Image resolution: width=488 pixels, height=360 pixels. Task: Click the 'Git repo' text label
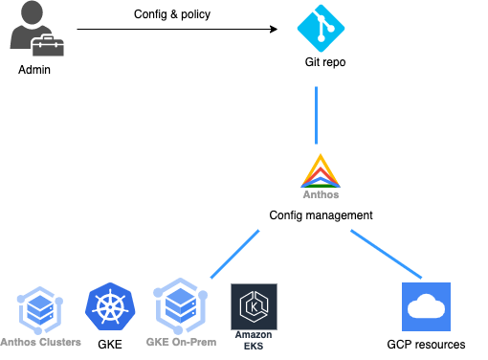[319, 62]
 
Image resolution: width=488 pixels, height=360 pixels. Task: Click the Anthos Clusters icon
[41, 309]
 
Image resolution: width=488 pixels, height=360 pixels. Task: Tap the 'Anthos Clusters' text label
[41, 342]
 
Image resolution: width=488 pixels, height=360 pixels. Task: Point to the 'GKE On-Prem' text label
[181, 342]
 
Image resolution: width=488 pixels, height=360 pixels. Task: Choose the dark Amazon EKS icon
[254, 306]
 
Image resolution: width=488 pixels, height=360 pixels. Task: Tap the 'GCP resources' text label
[426, 344]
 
